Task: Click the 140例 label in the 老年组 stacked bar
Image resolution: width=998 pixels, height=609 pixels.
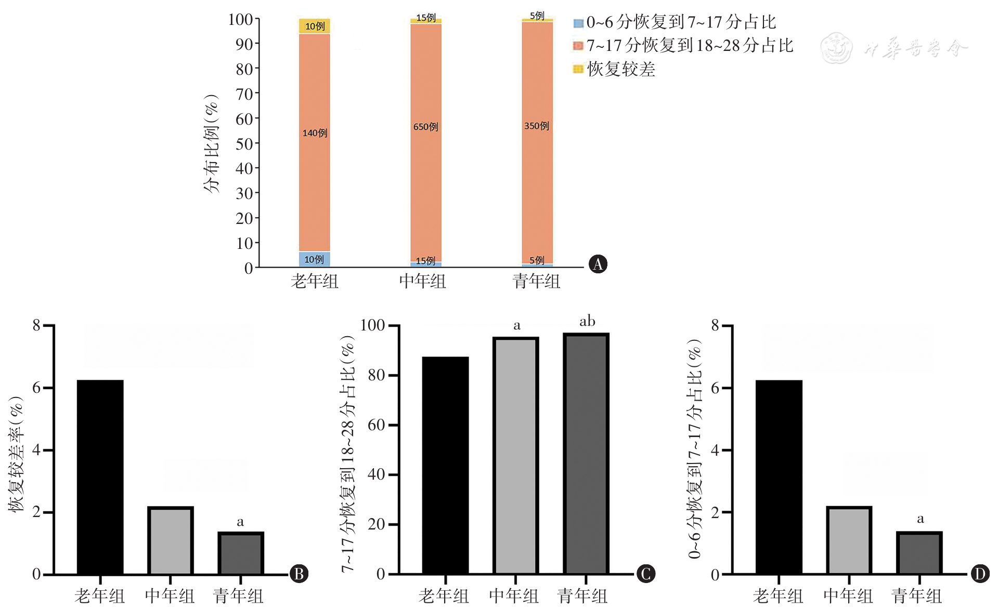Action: pos(315,133)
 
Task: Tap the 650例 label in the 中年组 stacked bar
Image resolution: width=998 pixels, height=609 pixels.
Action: pos(425,127)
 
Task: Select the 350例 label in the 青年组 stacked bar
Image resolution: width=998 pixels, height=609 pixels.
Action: pos(537,126)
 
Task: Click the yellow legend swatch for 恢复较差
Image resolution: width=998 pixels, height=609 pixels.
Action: pos(578,69)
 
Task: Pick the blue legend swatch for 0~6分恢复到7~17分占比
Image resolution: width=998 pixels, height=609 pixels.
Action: pos(578,23)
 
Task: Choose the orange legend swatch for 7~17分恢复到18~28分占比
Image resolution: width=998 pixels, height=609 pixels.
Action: pos(578,46)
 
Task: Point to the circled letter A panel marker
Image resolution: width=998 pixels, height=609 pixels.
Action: pos(598,264)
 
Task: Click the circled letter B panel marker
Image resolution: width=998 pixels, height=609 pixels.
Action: pos(299,574)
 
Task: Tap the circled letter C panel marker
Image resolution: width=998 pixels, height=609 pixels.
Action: pos(645,574)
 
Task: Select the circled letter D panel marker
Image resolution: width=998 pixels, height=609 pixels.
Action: pos(980,574)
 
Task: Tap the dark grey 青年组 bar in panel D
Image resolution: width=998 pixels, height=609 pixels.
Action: pos(919,553)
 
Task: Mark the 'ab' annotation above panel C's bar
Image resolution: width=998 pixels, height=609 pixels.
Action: pos(587,321)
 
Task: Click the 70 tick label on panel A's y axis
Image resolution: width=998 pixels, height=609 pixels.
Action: pos(244,94)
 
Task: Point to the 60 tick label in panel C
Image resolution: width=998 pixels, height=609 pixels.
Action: pos(376,425)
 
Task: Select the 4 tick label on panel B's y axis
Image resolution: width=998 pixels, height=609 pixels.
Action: pos(36,450)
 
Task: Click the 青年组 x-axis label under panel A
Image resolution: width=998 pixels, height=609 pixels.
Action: pos(536,281)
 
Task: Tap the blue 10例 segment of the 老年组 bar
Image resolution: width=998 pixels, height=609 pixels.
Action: pos(314,259)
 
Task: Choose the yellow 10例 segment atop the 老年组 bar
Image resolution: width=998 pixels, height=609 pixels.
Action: pos(315,26)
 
